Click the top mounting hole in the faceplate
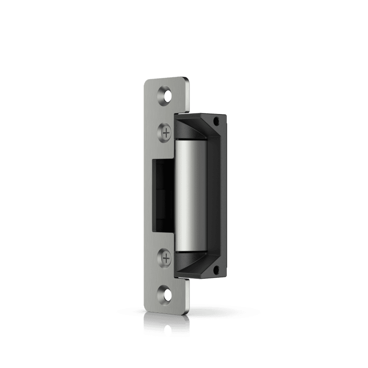[166, 93]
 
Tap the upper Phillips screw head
[166, 132]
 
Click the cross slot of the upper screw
[166, 132]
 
